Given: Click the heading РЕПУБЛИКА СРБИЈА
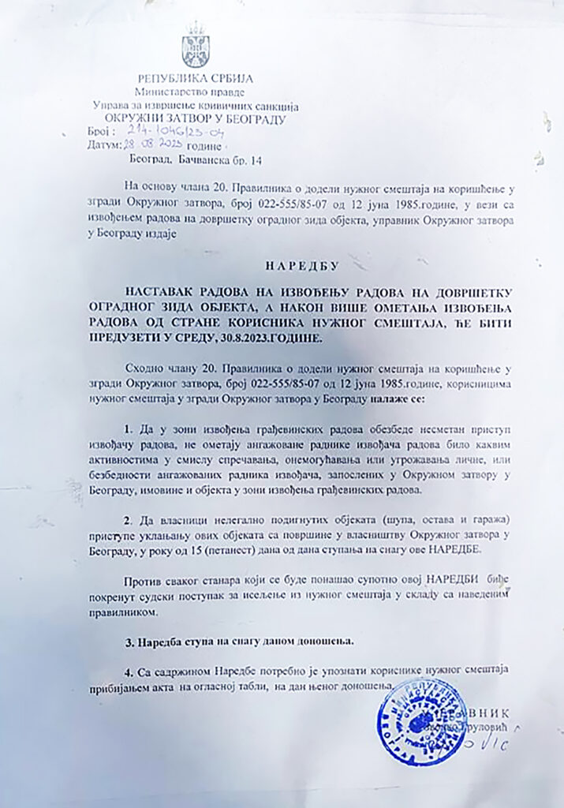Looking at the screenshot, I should pos(195,79).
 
